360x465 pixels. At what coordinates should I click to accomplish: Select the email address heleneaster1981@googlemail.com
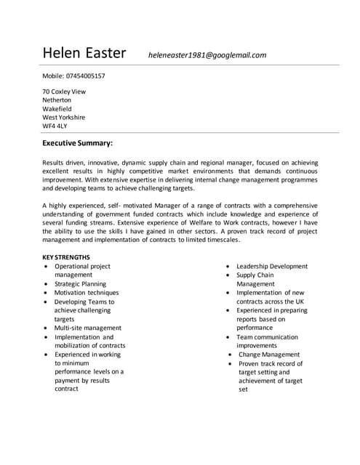click(207, 54)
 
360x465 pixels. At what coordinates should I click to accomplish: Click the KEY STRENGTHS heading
click(66, 257)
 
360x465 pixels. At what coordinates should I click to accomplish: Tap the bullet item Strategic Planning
click(80, 284)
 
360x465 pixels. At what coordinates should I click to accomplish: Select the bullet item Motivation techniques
click(87, 293)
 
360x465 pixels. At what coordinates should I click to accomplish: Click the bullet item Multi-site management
click(88, 328)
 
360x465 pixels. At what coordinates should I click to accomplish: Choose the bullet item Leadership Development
click(271, 267)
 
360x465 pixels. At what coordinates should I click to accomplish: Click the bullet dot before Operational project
click(47, 267)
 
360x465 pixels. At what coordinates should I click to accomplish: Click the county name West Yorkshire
click(63, 117)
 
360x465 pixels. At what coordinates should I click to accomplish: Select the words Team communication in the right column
click(267, 337)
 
